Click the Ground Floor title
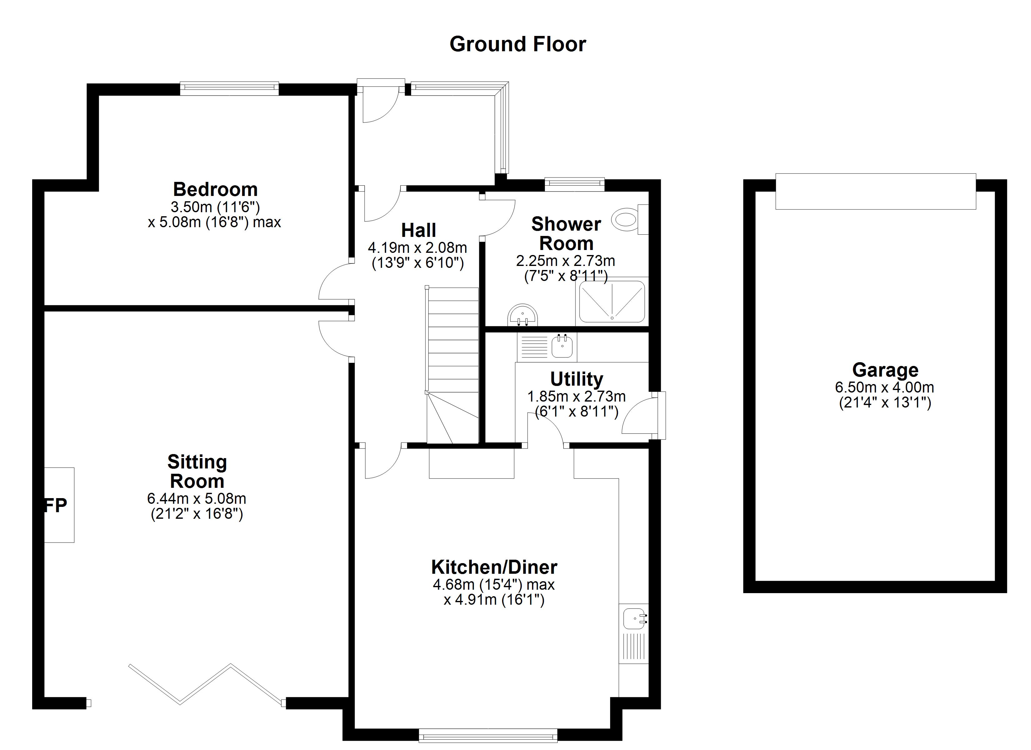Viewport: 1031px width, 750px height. (517, 44)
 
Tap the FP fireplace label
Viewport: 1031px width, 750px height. (56, 505)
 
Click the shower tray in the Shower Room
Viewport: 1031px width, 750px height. (612, 302)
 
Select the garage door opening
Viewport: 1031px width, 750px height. (875, 192)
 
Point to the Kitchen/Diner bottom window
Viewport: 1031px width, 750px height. (488, 735)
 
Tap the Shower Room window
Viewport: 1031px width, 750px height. (575, 185)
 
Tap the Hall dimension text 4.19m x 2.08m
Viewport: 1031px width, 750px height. (417, 248)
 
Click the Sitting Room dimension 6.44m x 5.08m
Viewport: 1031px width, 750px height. (197, 498)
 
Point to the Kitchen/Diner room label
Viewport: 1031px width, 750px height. (494, 567)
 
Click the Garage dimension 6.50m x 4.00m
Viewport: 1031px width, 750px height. (884, 387)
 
